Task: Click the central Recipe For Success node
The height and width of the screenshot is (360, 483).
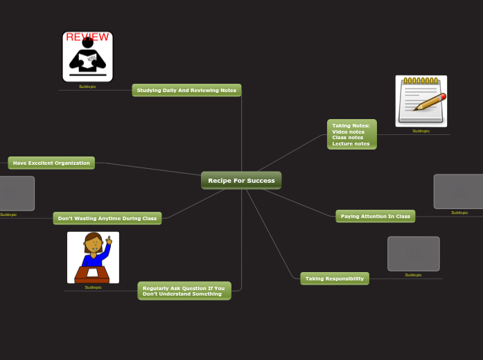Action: point(241,181)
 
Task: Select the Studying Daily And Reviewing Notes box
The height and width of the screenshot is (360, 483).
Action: point(186,90)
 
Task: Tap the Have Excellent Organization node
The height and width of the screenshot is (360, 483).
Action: point(51,163)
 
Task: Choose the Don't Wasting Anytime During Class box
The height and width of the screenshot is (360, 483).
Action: point(107,218)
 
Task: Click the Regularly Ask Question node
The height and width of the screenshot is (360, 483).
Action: point(184,291)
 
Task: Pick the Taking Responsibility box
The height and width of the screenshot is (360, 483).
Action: point(335,278)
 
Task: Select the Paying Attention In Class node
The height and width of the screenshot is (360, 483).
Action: point(375,216)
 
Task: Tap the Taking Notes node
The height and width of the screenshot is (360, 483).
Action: point(351,134)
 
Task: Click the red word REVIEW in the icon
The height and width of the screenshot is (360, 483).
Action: point(87,37)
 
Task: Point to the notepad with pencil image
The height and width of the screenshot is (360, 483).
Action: point(421,101)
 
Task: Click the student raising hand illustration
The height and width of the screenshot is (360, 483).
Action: point(93,257)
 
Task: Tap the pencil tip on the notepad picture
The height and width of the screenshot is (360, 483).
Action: point(416,109)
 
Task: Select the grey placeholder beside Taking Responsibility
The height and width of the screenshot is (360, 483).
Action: point(413,254)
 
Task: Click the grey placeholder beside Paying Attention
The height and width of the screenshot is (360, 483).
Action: point(458,191)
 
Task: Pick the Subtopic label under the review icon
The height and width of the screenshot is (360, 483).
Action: point(87,87)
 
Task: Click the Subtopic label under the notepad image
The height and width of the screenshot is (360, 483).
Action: point(421,131)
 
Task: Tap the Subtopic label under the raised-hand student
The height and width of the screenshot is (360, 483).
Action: point(93,287)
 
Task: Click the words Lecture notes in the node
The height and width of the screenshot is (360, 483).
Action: point(351,143)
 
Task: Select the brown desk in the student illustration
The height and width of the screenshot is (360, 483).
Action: point(92,274)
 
